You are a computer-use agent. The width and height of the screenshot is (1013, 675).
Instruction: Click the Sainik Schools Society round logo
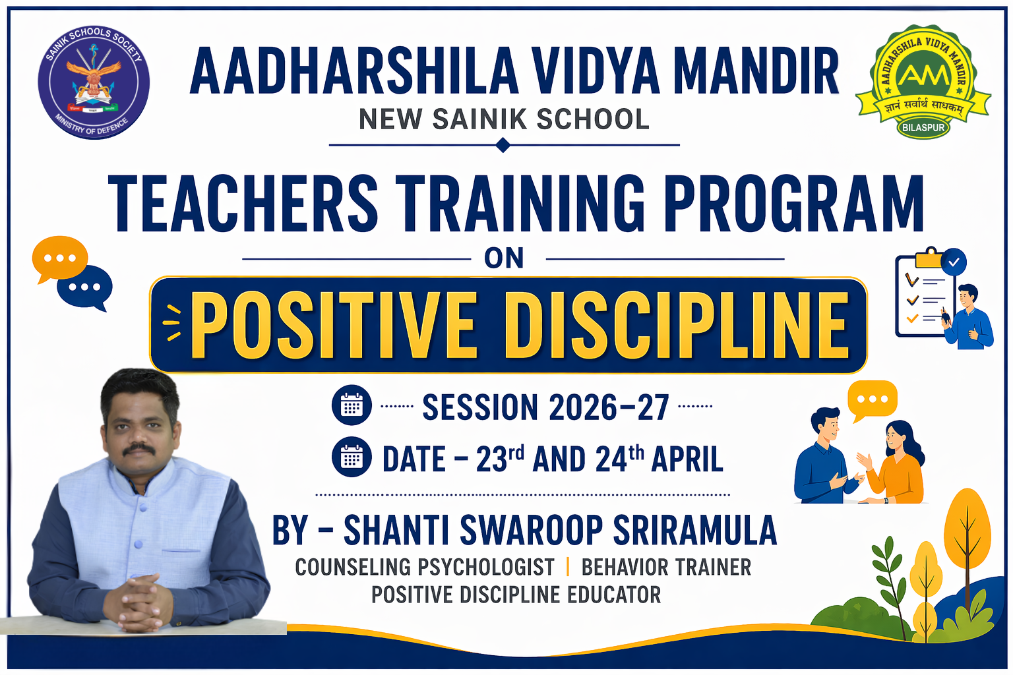pyautogui.click(x=94, y=82)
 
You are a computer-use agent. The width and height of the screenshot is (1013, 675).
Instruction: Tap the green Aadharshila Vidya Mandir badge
pyautogui.click(x=923, y=81)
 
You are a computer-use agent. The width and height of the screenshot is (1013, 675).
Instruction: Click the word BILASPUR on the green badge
pyautogui.click(x=923, y=127)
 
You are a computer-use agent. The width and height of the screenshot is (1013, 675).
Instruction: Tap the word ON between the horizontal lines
pyautogui.click(x=505, y=258)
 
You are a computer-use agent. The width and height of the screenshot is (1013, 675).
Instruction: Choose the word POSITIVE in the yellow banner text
pyautogui.click(x=334, y=325)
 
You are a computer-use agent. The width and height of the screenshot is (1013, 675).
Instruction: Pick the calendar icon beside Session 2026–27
pyautogui.click(x=352, y=405)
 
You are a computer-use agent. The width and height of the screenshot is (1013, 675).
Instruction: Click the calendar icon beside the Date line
pyautogui.click(x=352, y=457)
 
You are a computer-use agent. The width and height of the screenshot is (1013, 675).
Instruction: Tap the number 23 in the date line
pyautogui.click(x=491, y=460)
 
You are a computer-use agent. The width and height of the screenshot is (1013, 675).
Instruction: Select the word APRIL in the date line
pyautogui.click(x=687, y=460)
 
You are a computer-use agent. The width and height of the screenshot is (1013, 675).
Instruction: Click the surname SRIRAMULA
pyautogui.click(x=694, y=530)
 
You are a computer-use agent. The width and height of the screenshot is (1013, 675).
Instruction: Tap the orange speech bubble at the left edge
pyautogui.click(x=60, y=259)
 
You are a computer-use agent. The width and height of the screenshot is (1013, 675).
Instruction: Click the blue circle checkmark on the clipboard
pyautogui.click(x=953, y=262)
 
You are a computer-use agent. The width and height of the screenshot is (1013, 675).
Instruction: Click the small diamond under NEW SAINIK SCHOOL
pyautogui.click(x=503, y=146)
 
